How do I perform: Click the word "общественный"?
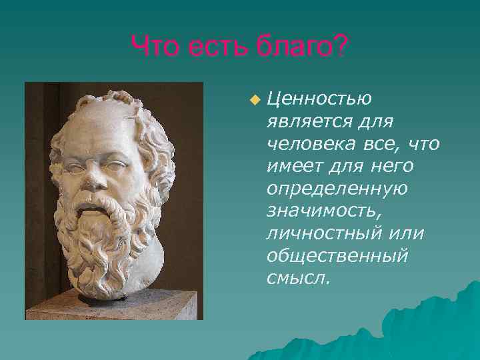coord(337,257)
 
